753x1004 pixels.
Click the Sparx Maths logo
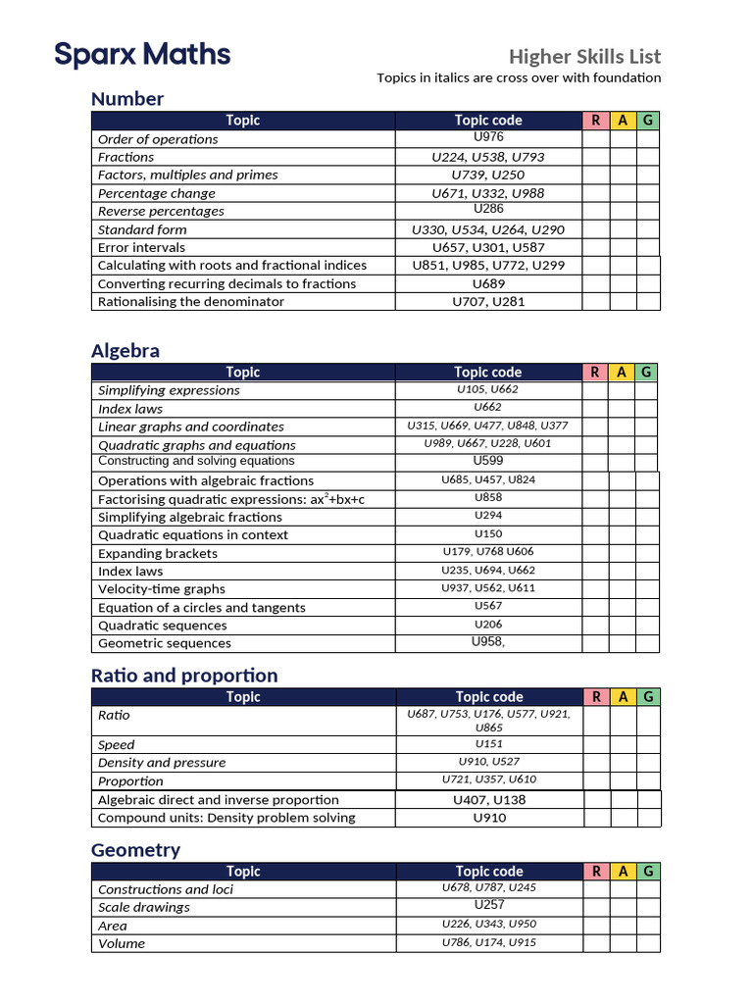pos(142,54)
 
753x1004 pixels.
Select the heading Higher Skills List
pos(584,56)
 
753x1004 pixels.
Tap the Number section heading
pos(127,99)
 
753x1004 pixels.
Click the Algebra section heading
pos(125,351)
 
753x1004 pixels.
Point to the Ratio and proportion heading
pos(184,676)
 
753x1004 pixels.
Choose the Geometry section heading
pos(135,850)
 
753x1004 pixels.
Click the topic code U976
pos(488,138)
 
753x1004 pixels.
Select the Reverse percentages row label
pos(161,211)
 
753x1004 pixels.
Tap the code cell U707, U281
pos(488,302)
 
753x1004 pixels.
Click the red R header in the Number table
pos(595,121)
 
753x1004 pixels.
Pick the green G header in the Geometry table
pos(648,871)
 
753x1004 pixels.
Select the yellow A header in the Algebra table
pos(622,373)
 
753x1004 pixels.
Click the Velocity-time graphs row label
pos(162,589)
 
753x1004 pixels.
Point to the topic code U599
pos(488,461)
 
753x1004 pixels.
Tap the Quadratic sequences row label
pos(162,626)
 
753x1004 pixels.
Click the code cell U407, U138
pos(488,800)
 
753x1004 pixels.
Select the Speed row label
pos(117,745)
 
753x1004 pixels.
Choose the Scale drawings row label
pos(144,907)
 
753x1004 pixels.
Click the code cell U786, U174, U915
pos(488,943)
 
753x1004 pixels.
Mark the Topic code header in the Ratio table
pos(488,697)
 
